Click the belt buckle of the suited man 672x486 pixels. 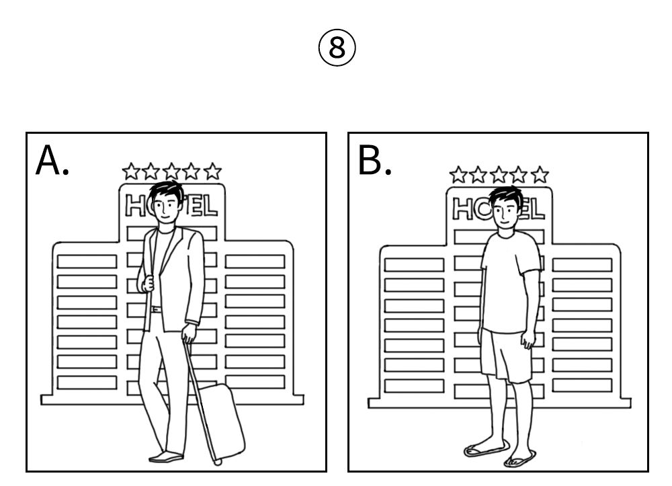(x=156, y=309)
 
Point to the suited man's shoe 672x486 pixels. (x=165, y=457)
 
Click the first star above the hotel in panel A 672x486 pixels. (x=131, y=171)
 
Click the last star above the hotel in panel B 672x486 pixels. (x=540, y=175)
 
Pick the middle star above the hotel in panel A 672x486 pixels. (x=171, y=171)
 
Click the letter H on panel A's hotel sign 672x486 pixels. (x=135, y=206)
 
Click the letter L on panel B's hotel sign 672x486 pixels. (x=537, y=209)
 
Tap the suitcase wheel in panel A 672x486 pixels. (x=217, y=461)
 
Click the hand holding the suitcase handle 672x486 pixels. (x=189, y=333)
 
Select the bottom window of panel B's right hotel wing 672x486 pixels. (x=582, y=385)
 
